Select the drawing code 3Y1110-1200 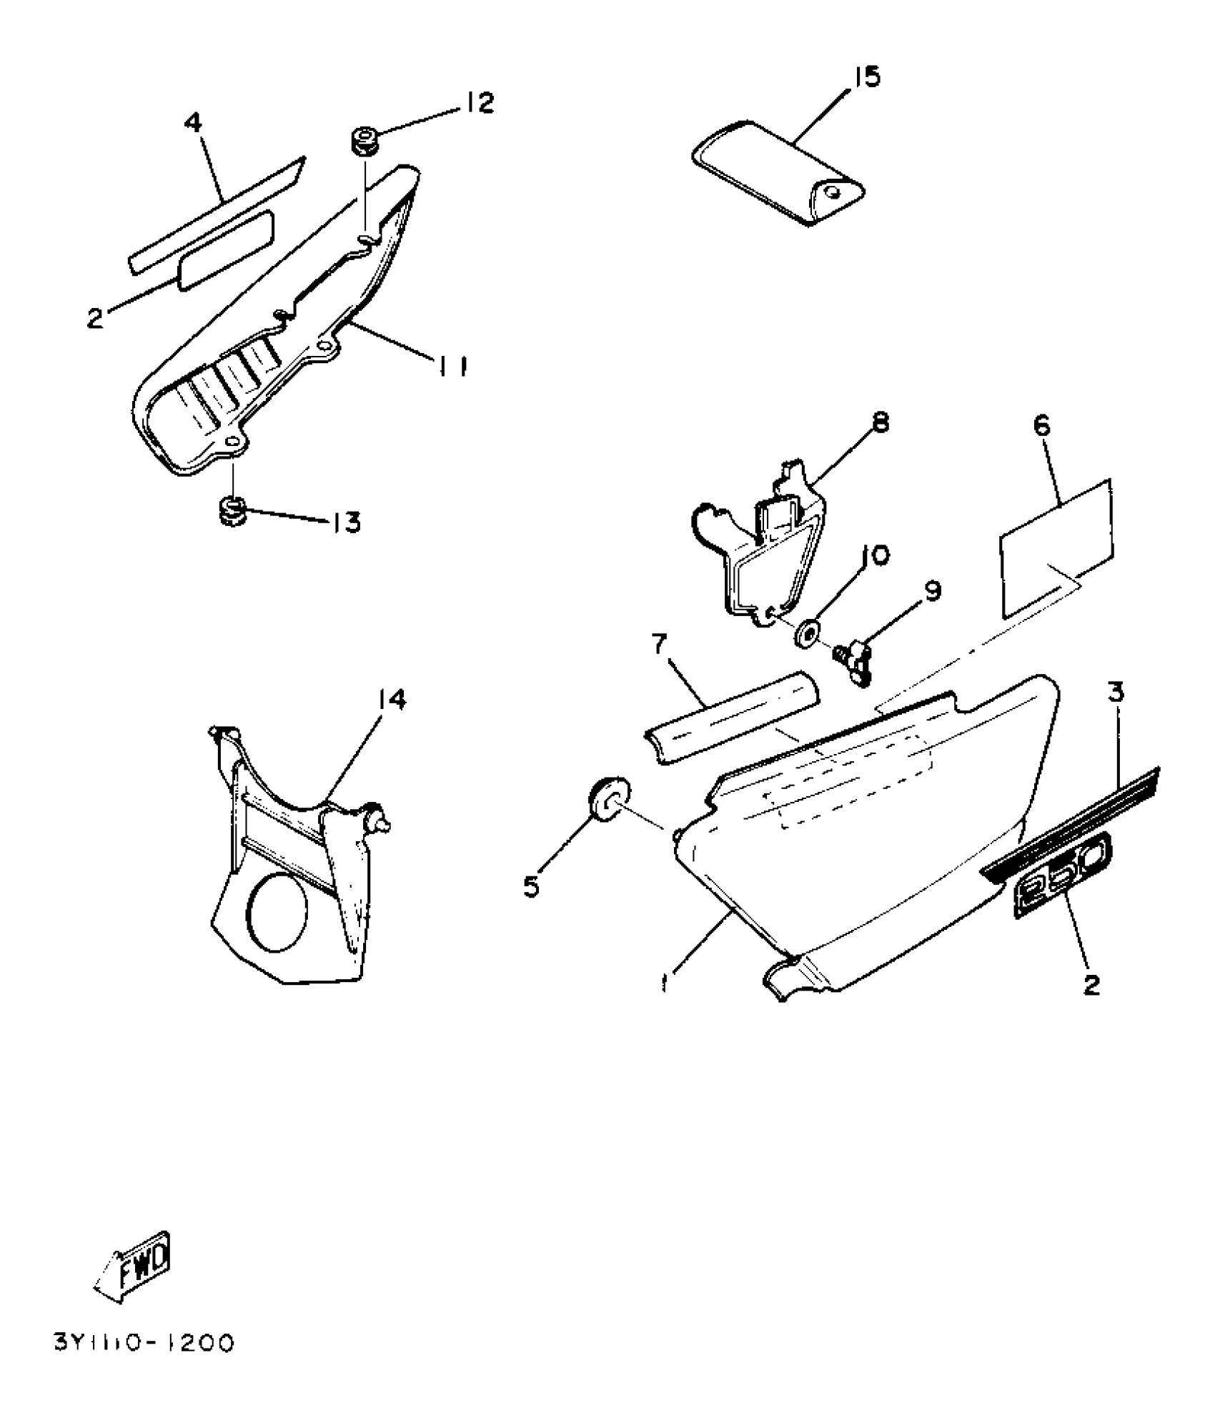point(144,1344)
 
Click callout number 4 point(193,123)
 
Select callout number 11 point(452,367)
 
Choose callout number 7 point(659,648)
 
